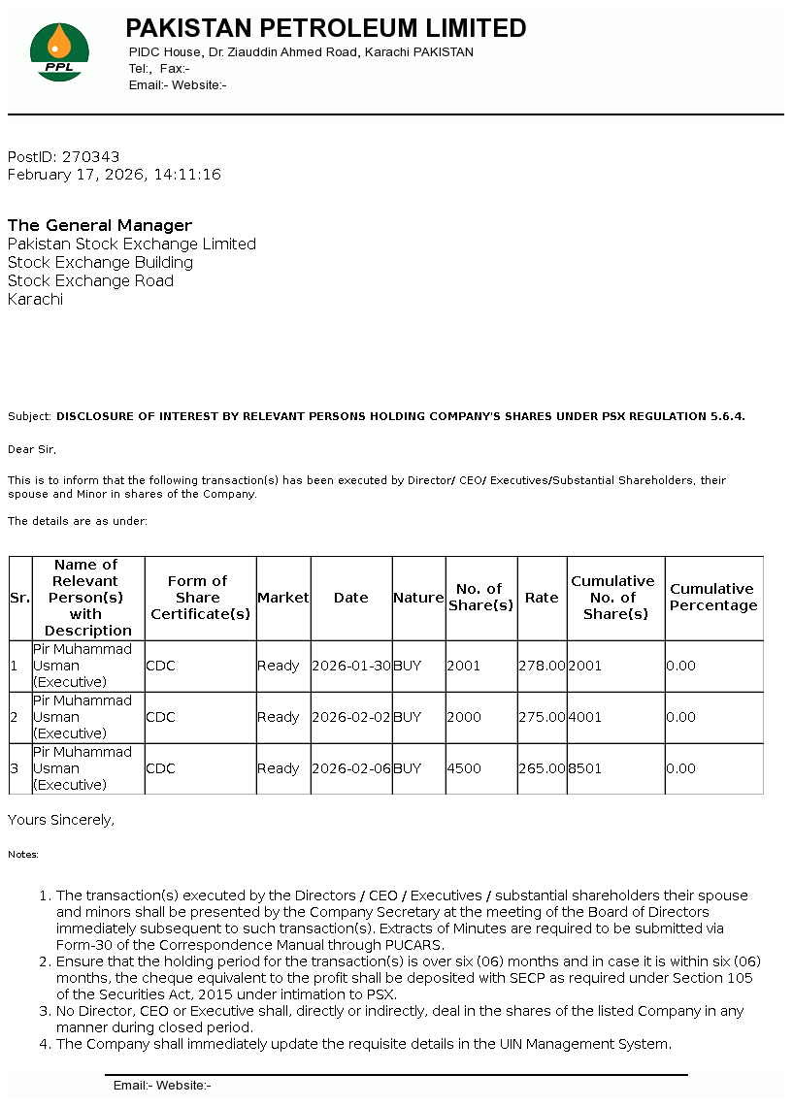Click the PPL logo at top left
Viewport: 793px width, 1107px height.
[59, 52]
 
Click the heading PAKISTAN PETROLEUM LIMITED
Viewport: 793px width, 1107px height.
[326, 28]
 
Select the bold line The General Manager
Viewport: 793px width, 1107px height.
[100, 225]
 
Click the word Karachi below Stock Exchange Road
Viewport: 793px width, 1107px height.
[35, 299]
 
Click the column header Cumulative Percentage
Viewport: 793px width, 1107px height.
[713, 598]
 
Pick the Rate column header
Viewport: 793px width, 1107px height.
[542, 598]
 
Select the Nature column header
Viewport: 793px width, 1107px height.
[418, 598]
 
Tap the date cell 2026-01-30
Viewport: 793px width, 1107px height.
[351, 666]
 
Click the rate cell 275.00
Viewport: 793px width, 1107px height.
[542, 717]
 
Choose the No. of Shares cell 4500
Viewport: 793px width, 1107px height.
[464, 768]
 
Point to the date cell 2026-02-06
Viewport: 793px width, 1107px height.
[351, 768]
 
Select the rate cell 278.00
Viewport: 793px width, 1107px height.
[542, 666]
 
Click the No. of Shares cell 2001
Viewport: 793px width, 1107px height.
[464, 666]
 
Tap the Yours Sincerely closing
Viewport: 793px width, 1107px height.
[61, 820]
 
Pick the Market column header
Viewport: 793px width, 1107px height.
[282, 598]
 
